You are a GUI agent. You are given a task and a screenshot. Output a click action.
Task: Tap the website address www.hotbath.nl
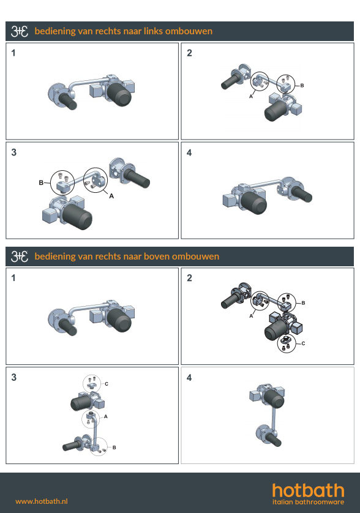tap(42, 501)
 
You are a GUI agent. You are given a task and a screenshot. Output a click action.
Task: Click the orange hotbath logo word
tap(309, 491)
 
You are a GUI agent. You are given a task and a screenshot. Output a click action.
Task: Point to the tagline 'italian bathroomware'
tap(309, 502)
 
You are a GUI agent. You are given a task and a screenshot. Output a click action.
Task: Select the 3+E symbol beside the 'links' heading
tap(20, 31)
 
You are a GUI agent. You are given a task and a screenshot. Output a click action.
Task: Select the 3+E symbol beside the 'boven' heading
tap(20, 256)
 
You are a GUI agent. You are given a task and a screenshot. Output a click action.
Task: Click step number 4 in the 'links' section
tap(189, 153)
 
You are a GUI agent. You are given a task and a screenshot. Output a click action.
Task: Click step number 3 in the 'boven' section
tap(13, 377)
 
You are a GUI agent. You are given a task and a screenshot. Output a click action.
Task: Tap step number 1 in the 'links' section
tap(13, 53)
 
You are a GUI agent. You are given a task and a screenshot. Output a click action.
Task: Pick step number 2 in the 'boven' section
tap(190, 278)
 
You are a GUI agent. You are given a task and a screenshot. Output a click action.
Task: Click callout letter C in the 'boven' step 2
tap(303, 343)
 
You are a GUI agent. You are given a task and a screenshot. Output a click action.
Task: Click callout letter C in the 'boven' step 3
tap(107, 384)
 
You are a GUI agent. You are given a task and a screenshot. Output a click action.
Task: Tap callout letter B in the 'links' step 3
tap(41, 182)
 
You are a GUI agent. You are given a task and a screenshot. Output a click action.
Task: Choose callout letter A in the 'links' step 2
tap(251, 96)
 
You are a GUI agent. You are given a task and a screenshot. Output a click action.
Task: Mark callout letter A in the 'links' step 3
tap(111, 196)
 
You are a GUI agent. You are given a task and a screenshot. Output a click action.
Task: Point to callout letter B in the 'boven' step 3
tap(114, 447)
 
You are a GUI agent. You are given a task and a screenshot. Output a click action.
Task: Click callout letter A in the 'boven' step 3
tap(106, 416)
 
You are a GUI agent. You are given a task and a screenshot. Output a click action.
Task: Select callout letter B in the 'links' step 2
tap(302, 85)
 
